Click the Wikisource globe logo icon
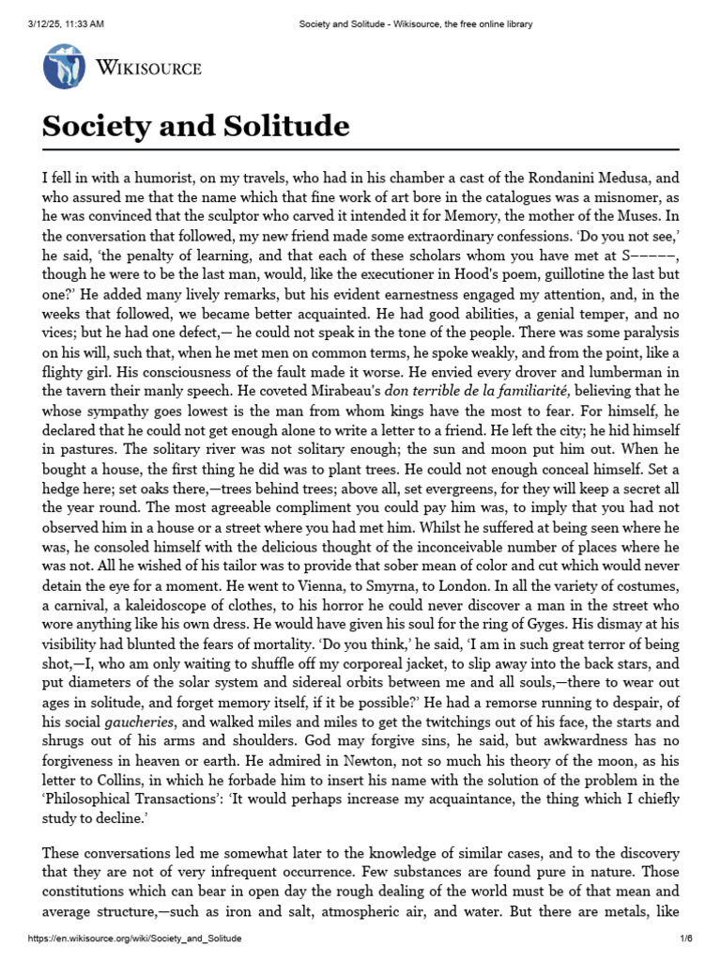(x=65, y=67)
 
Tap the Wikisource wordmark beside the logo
(x=148, y=68)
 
